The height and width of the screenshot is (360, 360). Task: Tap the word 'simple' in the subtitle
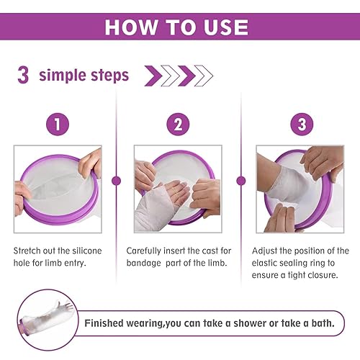(x=63, y=76)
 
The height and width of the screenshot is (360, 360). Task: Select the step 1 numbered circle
(x=57, y=124)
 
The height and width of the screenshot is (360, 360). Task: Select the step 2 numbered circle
(x=177, y=124)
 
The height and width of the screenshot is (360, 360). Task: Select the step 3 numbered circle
(x=301, y=124)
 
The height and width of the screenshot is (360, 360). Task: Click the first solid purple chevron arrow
(x=153, y=75)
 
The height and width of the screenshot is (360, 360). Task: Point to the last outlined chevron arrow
(x=204, y=75)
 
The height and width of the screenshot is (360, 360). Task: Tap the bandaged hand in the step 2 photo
(x=162, y=205)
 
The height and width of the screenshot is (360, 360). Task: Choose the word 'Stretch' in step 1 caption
(x=30, y=251)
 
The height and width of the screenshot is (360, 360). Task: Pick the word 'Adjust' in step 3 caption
(x=266, y=251)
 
